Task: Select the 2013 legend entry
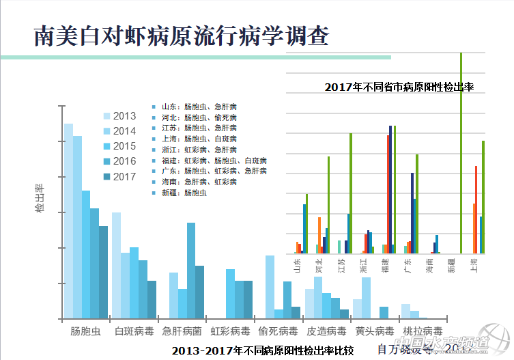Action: [119, 115]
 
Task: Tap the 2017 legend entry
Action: [119, 176]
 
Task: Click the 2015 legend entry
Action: [119, 146]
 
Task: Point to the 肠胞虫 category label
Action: [86, 331]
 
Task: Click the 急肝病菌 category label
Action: [182, 331]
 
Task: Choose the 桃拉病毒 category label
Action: [423, 331]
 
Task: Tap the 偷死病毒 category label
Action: [278, 331]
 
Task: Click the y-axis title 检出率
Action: [40, 198]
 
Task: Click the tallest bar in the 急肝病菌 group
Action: [191, 271]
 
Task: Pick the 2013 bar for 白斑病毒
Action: [117, 265]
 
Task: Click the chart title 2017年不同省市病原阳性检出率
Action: [399, 87]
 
